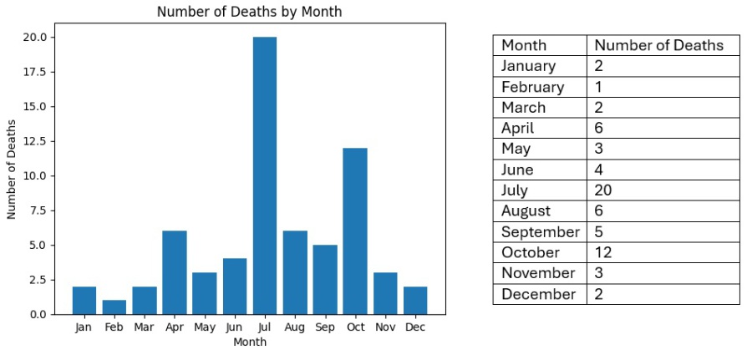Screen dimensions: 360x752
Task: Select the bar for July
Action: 264,175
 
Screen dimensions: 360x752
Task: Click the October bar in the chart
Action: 354,231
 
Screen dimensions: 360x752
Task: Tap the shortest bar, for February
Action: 114,307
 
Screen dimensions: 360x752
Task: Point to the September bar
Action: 324,279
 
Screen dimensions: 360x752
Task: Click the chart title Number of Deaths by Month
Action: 249,12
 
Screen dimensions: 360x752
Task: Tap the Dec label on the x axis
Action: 414,327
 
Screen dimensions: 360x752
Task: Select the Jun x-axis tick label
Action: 234,327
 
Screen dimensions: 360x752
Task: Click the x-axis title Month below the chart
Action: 249,342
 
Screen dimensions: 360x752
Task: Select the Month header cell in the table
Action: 524,45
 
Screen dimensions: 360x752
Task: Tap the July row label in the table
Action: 515,190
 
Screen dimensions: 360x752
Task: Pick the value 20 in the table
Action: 603,190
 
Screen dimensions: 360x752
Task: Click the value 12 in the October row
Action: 603,252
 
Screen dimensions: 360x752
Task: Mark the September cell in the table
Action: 540,232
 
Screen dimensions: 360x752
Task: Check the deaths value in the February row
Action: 598,87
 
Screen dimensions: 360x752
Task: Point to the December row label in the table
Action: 538,294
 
